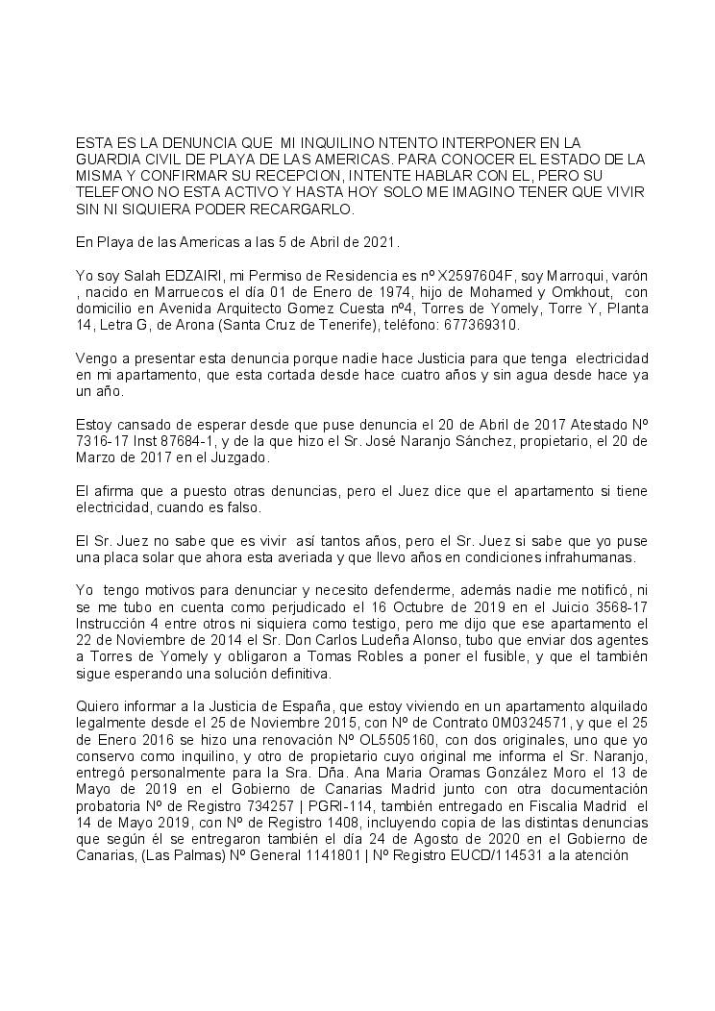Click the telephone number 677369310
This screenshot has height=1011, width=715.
coord(484,325)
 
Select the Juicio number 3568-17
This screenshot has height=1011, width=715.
coord(600,607)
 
